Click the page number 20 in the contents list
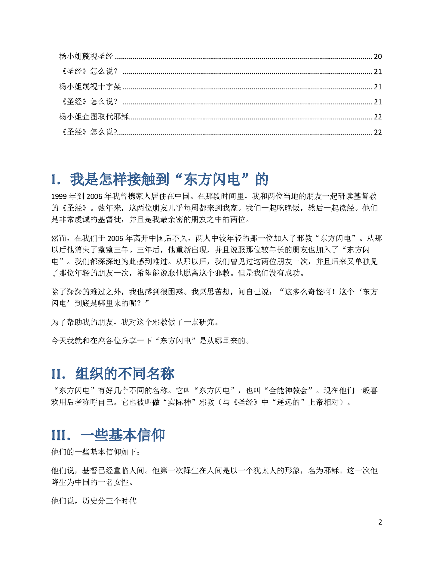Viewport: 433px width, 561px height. click(x=378, y=57)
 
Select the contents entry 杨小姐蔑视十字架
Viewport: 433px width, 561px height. click(x=90, y=87)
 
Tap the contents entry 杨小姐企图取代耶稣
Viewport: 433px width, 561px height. click(x=94, y=117)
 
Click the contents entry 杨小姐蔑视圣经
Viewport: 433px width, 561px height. click(x=86, y=56)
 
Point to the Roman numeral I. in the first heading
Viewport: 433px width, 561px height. click(x=56, y=180)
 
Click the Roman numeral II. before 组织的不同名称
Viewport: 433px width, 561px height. click(x=59, y=374)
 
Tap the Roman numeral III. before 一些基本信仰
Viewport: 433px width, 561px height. click(x=61, y=435)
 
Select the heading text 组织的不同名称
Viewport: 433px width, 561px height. click(x=125, y=374)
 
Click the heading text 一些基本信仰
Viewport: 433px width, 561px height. click(x=123, y=435)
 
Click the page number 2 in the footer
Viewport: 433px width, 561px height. click(x=380, y=522)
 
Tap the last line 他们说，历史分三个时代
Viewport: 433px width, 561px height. click(x=94, y=501)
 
